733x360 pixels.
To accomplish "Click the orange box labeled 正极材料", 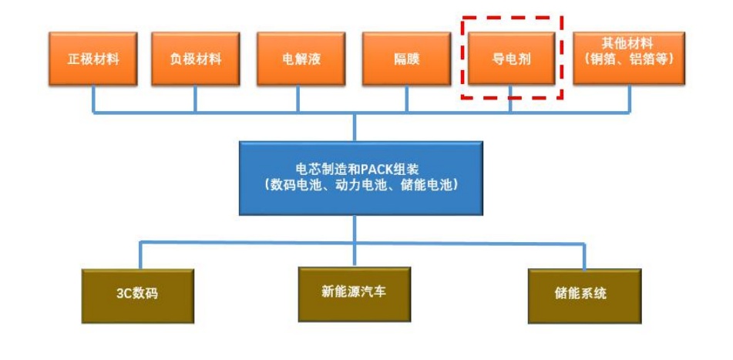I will coord(93,59).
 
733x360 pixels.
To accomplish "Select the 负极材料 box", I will coord(195,59).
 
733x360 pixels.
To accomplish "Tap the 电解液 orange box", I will coord(301,59).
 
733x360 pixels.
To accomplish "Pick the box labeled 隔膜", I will coord(406,59).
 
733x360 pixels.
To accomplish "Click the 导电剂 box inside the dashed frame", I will coord(510,59).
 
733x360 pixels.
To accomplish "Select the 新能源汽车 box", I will coord(355,293).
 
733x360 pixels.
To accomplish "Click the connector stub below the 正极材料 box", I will coord(94,99).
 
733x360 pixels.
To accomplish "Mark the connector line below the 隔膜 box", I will coord(405,99).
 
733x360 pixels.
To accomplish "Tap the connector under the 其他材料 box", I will coord(630,99).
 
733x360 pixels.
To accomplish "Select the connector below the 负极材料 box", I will coord(195,99).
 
